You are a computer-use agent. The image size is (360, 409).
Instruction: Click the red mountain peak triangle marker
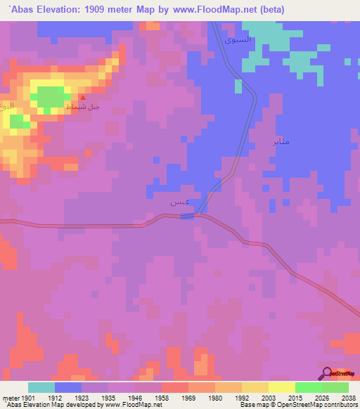83,98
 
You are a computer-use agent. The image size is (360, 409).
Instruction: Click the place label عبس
179,202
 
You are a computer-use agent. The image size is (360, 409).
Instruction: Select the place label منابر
281,141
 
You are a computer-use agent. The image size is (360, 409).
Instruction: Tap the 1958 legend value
162,397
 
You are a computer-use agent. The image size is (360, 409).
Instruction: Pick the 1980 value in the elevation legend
215,397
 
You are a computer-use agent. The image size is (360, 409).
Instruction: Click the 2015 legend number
295,397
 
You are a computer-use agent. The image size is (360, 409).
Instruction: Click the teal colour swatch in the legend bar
41,387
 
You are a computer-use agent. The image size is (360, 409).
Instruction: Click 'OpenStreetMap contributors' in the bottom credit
325,405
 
